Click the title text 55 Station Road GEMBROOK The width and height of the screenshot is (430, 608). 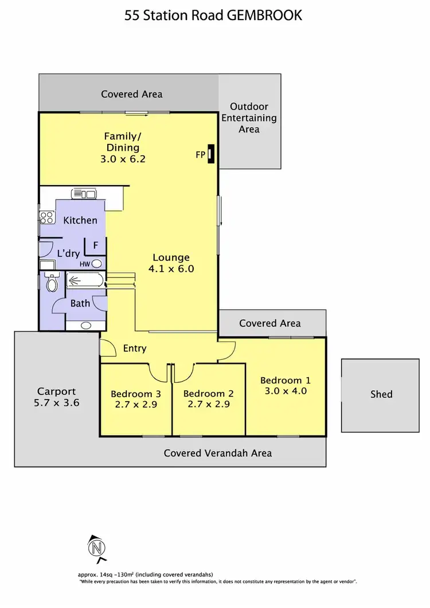pos(213,15)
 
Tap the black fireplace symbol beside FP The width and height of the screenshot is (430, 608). pos(211,154)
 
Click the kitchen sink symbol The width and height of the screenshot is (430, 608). pos(84,194)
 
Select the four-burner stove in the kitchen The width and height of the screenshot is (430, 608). pos(46,218)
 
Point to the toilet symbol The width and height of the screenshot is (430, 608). pos(52,283)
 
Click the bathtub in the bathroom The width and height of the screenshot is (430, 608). pos(85,280)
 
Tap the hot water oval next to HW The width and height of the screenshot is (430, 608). pos(97,264)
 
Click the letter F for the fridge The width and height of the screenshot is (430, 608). pos(96,246)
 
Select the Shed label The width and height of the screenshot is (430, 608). pos(381,394)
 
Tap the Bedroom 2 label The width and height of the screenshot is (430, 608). pos(208,394)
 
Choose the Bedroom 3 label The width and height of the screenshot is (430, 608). pos(135,394)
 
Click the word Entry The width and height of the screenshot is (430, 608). pos(135,348)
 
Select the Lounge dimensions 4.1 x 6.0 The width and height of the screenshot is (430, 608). pos(171,268)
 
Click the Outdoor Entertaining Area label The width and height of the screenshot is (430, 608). pos(249,117)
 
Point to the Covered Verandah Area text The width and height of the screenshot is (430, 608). pos(218,453)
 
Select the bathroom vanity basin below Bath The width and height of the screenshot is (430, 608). pos(85,325)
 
